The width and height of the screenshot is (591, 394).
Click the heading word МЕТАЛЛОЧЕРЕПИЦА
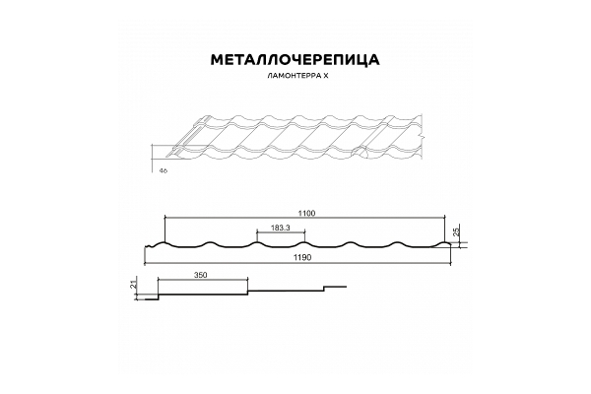(295, 60)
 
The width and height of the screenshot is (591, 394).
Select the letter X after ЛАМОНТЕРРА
(325, 76)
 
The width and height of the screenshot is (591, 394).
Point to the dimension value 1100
(306, 214)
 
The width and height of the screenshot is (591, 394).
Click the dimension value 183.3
(280, 228)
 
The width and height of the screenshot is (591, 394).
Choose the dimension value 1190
(302, 258)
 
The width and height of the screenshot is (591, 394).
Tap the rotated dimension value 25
(456, 232)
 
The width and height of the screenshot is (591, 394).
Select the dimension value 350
(201, 275)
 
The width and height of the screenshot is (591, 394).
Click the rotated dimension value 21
(133, 285)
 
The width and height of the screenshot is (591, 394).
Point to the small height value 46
(164, 170)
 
